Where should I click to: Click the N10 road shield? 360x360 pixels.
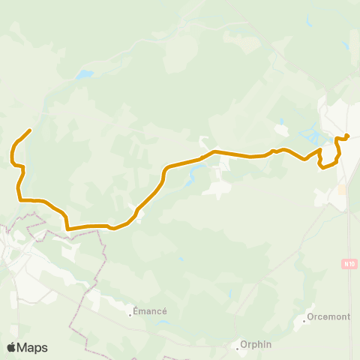pyautogui.click(x=347, y=263)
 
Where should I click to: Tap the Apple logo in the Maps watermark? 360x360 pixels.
pyautogui.click(x=13, y=347)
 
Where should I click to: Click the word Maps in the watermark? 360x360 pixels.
pyautogui.click(x=34, y=347)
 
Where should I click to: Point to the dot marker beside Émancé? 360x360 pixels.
pyautogui.click(x=130, y=315)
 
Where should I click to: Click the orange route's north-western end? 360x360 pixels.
pyautogui.click(x=29, y=130)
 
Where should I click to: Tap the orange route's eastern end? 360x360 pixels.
pyautogui.click(x=348, y=136)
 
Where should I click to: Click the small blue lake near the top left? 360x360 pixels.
pyautogui.click(x=84, y=74)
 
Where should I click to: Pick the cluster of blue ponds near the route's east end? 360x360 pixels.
pyautogui.click(x=311, y=137)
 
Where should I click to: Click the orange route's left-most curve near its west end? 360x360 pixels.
pyautogui.click(x=11, y=154)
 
